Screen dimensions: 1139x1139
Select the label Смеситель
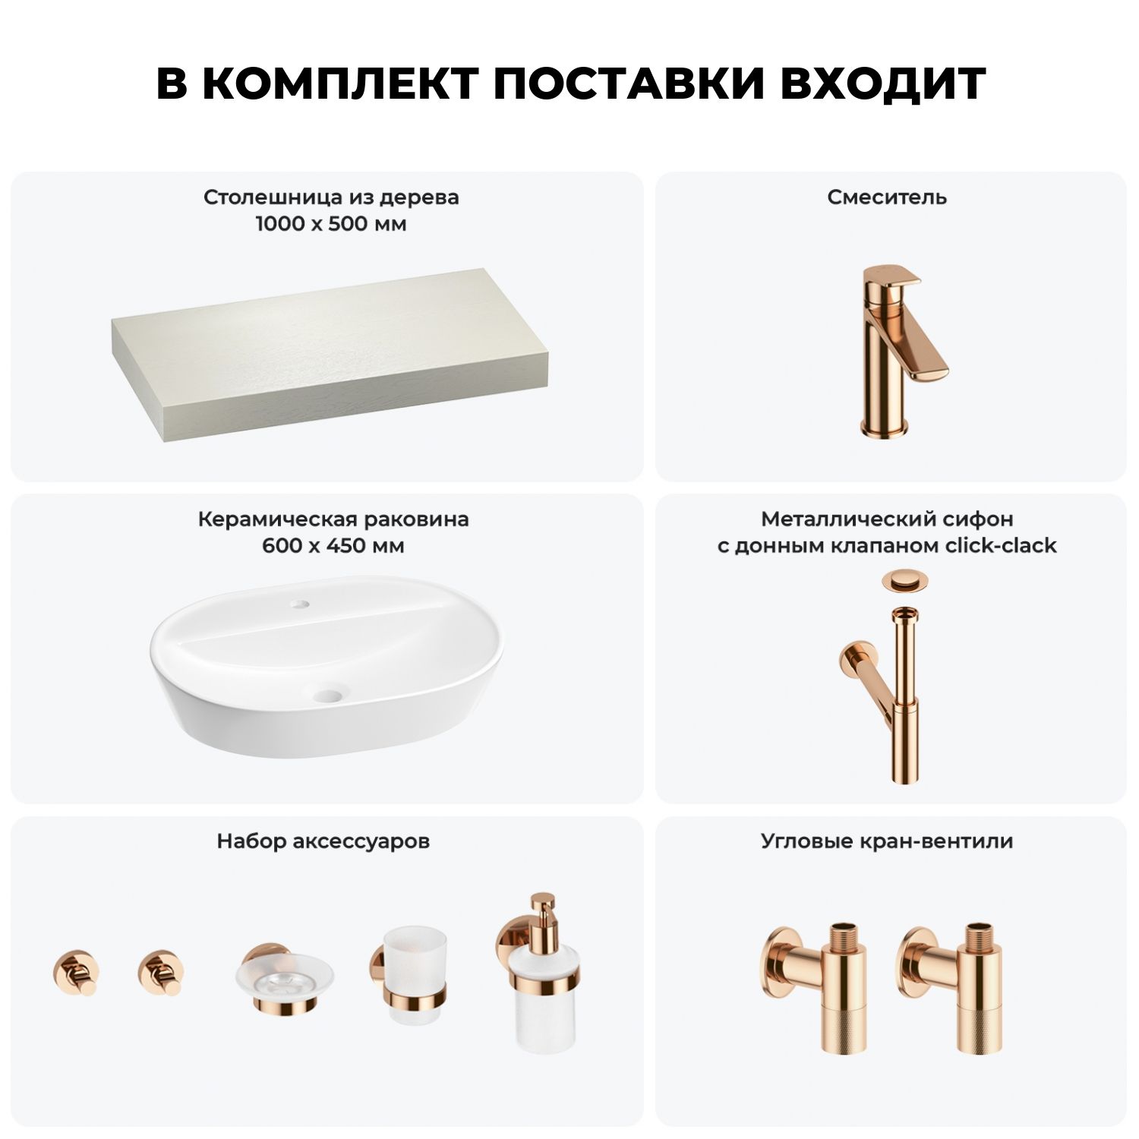pos(887,197)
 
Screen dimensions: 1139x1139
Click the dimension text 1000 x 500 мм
pos(331,224)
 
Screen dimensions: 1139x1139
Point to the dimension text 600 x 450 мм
pos(333,546)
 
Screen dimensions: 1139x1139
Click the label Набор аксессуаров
pos(323,841)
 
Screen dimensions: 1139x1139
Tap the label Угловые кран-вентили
pos(887,841)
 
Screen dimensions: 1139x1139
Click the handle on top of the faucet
pos(894,276)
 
